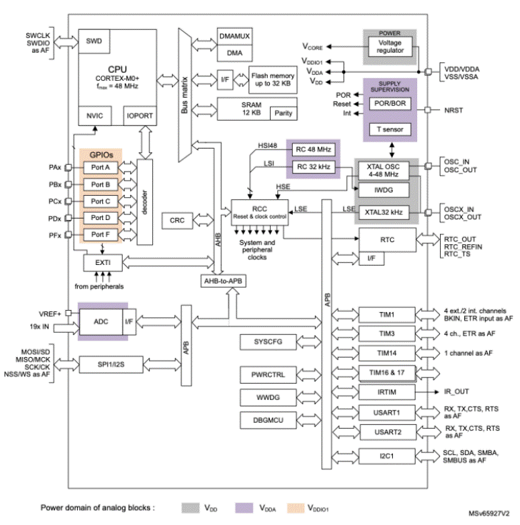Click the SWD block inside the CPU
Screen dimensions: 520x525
click(94, 41)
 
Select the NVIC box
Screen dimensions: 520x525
click(95, 116)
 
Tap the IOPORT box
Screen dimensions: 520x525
click(140, 116)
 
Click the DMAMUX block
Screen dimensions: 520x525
click(235, 36)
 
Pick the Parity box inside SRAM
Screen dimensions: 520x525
click(284, 113)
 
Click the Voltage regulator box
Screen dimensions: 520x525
click(391, 46)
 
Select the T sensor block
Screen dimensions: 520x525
click(390, 129)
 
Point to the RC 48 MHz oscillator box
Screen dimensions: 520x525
click(314, 149)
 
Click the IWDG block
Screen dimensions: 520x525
click(384, 190)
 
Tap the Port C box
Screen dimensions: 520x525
click(101, 201)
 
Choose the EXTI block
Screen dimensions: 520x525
click(103, 263)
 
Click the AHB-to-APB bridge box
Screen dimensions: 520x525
click(224, 281)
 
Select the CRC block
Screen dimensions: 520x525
click(177, 221)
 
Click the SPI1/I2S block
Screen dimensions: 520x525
click(111, 364)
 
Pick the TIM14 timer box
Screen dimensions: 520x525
click(387, 354)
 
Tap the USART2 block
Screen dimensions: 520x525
click(388, 432)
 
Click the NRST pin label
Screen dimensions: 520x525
click(454, 111)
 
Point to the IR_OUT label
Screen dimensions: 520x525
click(456, 391)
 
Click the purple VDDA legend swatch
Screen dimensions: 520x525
click(244, 508)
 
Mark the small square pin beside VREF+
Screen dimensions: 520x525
click(69, 313)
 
